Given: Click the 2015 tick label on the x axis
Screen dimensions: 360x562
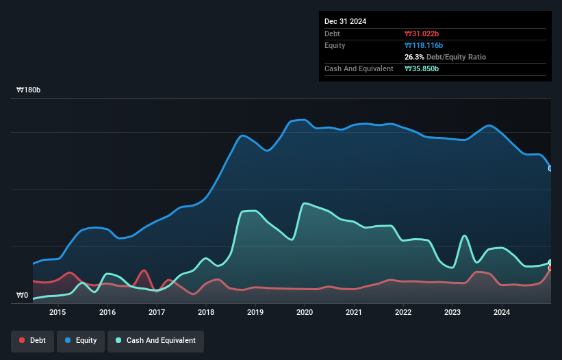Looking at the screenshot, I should [58, 313].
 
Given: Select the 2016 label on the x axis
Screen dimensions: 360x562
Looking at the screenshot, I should [107, 313].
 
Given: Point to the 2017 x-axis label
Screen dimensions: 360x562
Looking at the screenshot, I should [157, 313].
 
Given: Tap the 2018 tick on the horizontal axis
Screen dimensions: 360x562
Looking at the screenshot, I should [206, 313].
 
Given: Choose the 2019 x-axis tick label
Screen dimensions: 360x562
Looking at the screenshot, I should [255, 313].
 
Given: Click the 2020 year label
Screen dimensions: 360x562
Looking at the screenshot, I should [305, 313].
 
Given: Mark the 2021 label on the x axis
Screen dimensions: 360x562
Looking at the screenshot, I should [354, 313].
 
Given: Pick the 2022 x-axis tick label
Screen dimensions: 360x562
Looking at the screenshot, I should [403, 313].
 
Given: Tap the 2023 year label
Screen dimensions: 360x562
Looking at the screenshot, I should [452, 313].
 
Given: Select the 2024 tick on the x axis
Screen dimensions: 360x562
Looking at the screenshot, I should [502, 313].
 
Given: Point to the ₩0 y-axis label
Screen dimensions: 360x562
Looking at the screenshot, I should [23, 296].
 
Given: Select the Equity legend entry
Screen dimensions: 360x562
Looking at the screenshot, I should [81, 341].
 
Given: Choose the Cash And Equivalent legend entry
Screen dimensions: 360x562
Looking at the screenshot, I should [155, 341].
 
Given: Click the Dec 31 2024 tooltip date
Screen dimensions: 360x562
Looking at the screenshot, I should [345, 21].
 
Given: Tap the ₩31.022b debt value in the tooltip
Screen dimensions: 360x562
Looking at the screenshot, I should [422, 34].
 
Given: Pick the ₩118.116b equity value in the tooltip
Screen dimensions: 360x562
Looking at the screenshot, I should [424, 45].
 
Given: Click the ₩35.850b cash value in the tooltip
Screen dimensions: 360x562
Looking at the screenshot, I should [422, 68].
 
